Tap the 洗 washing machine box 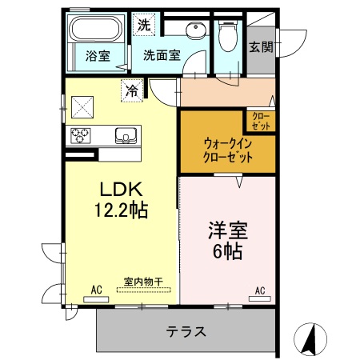(x=143, y=25)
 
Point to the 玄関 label (x=261, y=46)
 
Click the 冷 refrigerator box (x=130, y=90)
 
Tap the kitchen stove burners (x=82, y=134)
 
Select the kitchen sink (x=126, y=134)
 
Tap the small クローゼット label (x=262, y=122)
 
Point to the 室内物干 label (x=143, y=282)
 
